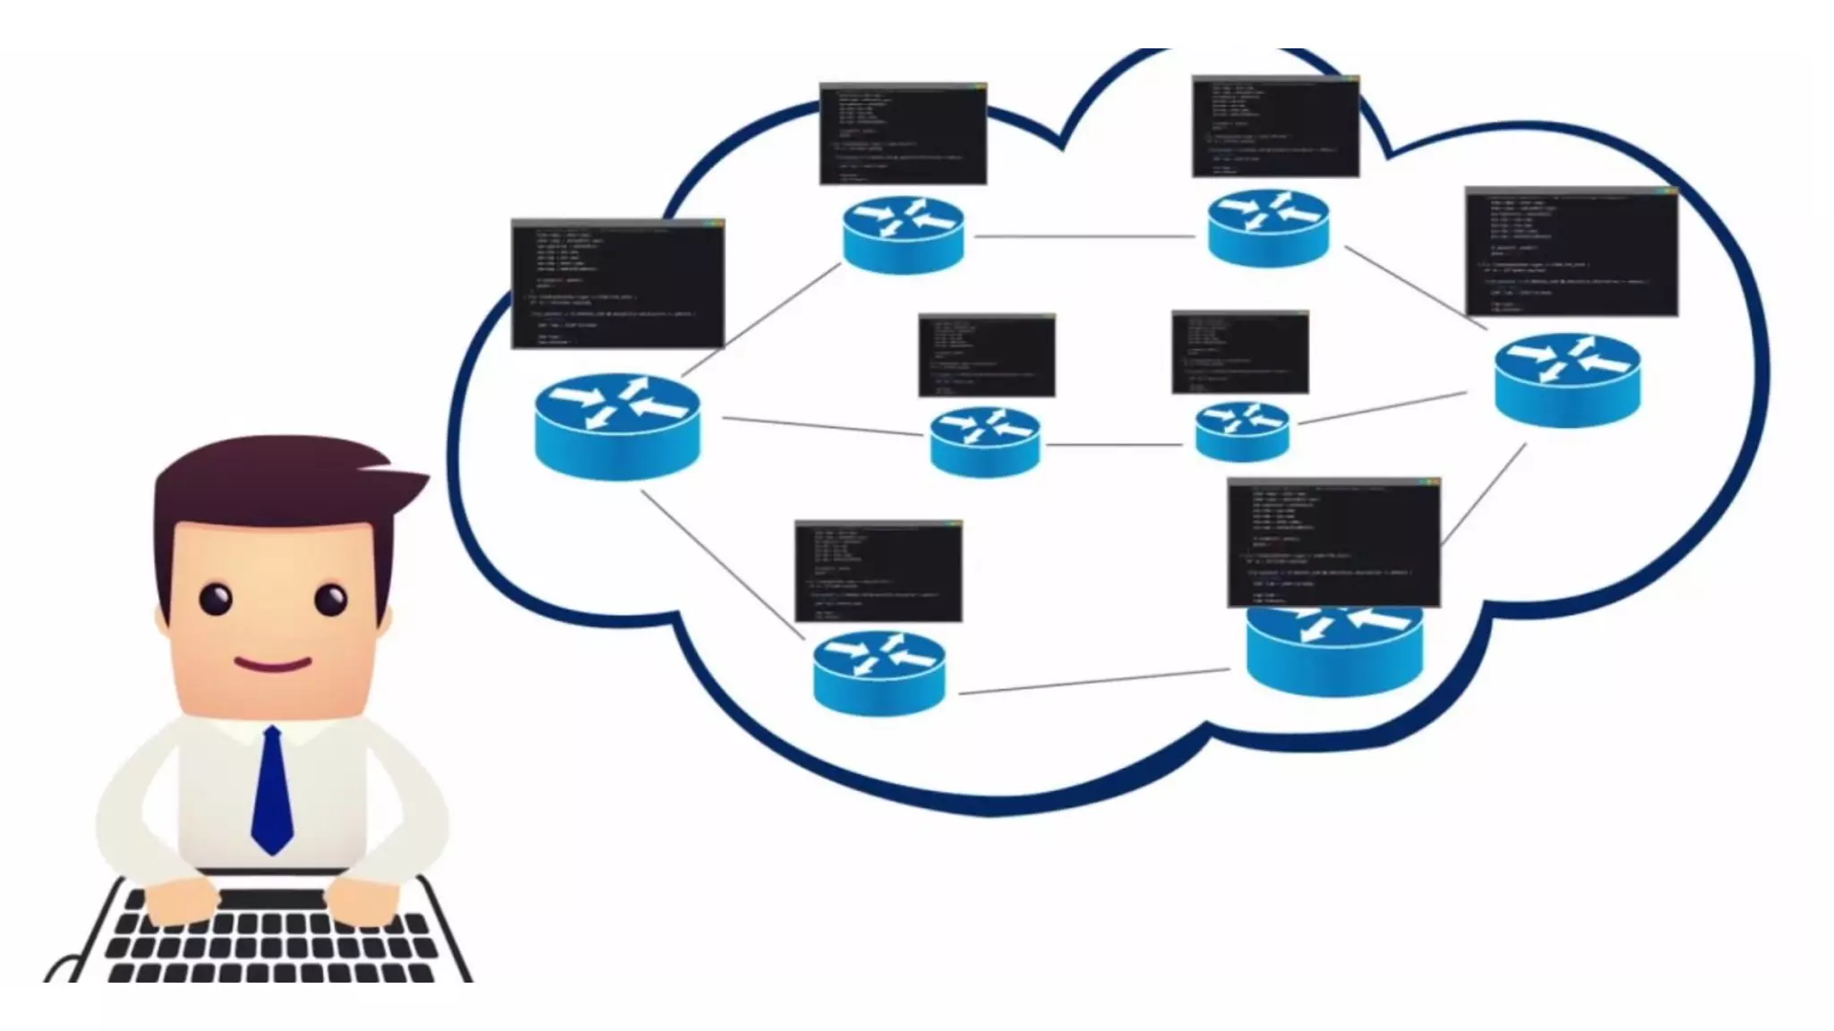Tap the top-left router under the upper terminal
(x=903, y=234)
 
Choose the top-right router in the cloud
(x=1268, y=227)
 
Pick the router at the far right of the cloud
(x=1567, y=379)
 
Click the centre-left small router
(x=985, y=440)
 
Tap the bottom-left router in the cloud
(x=878, y=672)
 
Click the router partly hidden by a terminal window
(x=1333, y=650)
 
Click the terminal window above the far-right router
(x=1572, y=251)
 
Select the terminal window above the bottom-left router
(x=878, y=571)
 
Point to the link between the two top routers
(x=1084, y=237)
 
